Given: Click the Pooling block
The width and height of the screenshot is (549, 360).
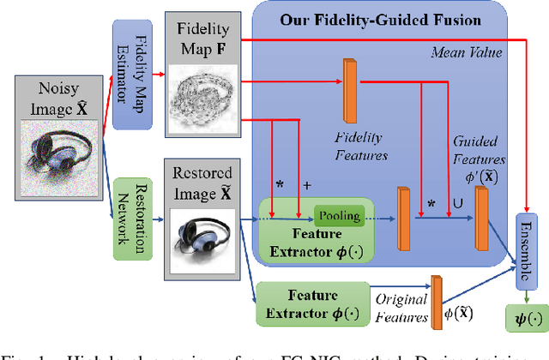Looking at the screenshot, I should pyautogui.click(x=341, y=216).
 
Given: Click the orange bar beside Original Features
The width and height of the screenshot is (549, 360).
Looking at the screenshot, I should pyautogui.click(x=436, y=297).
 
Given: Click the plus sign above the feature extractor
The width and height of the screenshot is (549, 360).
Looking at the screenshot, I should pyautogui.click(x=305, y=185).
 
